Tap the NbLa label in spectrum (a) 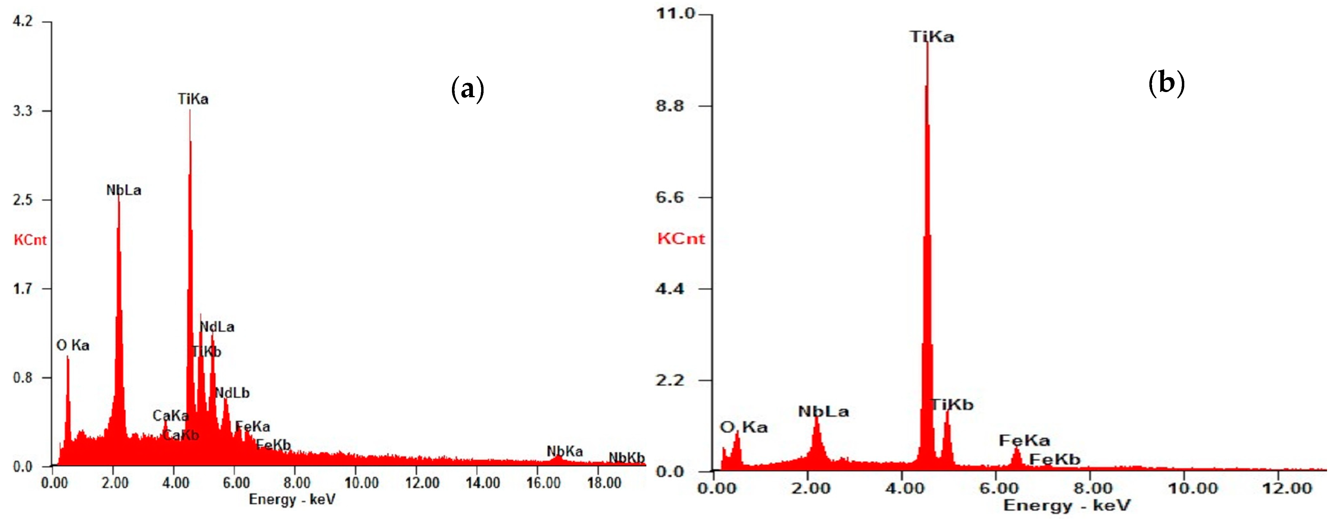pos(124,190)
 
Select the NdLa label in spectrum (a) pos(217,327)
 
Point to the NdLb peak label pos(232,393)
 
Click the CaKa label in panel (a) pos(170,416)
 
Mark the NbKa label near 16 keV pos(564,451)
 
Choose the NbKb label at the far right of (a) pos(626,458)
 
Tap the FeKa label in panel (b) pos(1024,440)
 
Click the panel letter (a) pos(467,89)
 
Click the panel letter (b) pos(1166,83)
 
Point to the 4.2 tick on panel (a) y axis pos(23,21)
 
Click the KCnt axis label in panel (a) pos(30,240)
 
